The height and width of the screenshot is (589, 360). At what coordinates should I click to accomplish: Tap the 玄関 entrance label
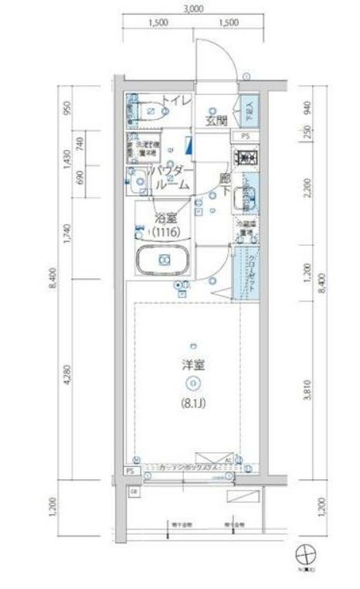tap(216, 120)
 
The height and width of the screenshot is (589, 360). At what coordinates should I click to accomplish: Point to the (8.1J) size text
tap(194, 402)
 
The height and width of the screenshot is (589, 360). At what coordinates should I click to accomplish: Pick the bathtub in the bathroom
tap(162, 261)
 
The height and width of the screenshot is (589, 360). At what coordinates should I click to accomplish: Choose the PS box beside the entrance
tap(246, 137)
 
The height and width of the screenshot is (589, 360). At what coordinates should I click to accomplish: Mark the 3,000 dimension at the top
tap(193, 9)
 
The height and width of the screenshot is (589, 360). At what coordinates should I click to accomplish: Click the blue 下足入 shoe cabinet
tap(249, 114)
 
